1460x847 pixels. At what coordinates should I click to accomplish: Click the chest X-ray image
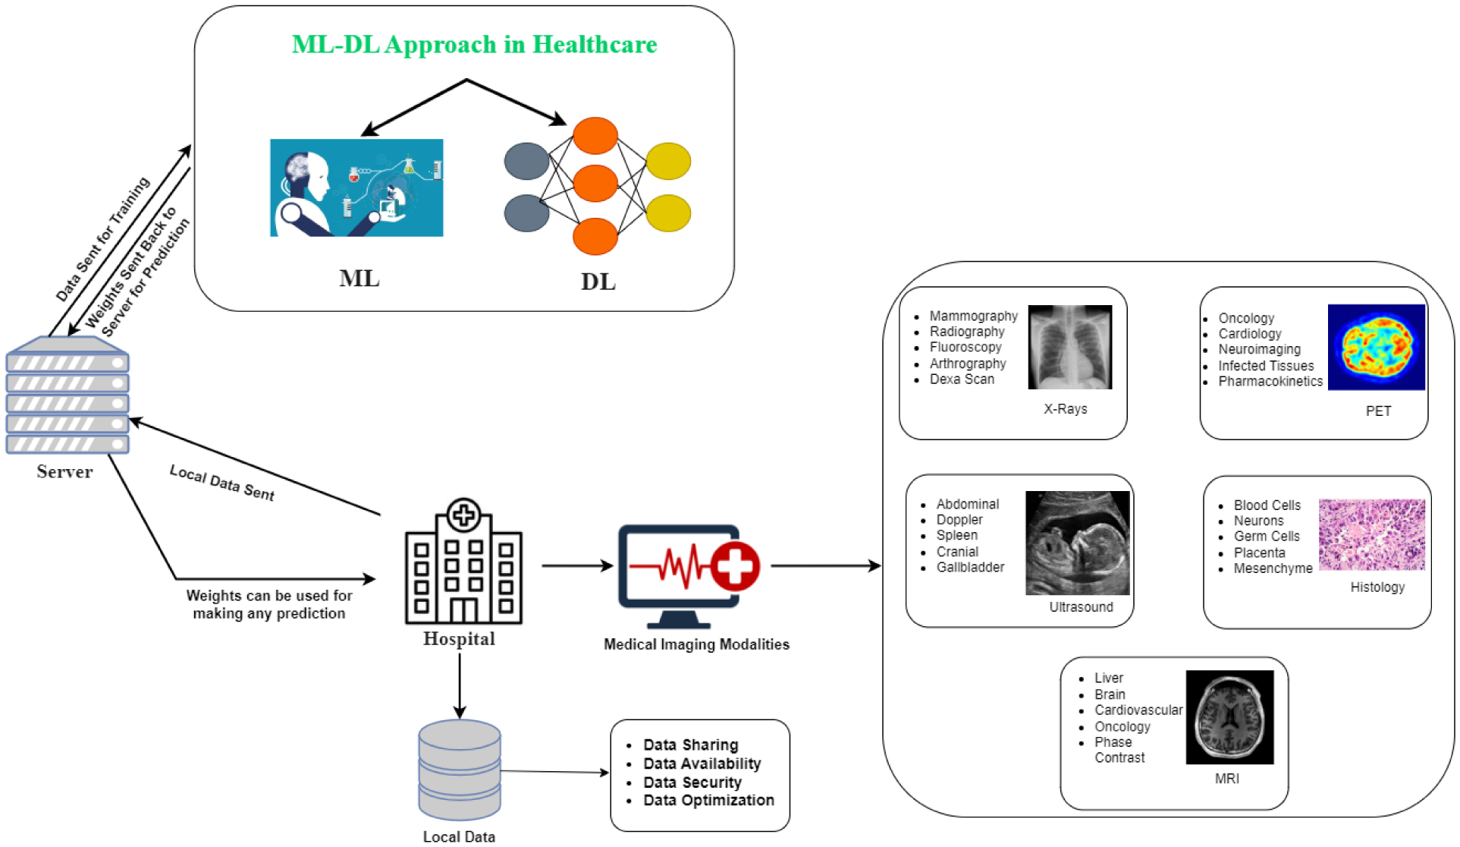click(1069, 347)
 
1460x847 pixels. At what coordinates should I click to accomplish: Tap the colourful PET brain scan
click(1376, 347)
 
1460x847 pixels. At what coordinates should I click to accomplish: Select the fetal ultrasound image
click(1077, 543)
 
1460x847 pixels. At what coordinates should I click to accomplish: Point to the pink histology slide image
click(1371, 534)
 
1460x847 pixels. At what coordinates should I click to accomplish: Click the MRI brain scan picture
click(1229, 716)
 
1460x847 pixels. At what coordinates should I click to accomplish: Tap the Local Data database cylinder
click(460, 770)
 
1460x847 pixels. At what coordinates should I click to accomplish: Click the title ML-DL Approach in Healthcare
click(474, 45)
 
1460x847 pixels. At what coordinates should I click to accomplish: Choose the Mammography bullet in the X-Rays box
click(973, 316)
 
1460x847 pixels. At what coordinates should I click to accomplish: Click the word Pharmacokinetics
click(1270, 381)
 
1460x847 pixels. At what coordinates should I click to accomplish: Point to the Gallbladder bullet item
click(970, 567)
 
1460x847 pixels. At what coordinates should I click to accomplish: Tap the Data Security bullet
click(692, 782)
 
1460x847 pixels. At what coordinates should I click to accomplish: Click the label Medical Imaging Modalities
click(696, 644)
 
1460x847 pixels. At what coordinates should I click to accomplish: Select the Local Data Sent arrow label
click(221, 483)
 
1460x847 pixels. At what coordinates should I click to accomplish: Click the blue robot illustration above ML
click(356, 187)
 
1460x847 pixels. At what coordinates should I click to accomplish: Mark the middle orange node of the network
click(595, 183)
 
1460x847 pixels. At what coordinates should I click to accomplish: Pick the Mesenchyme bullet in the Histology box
click(1273, 568)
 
